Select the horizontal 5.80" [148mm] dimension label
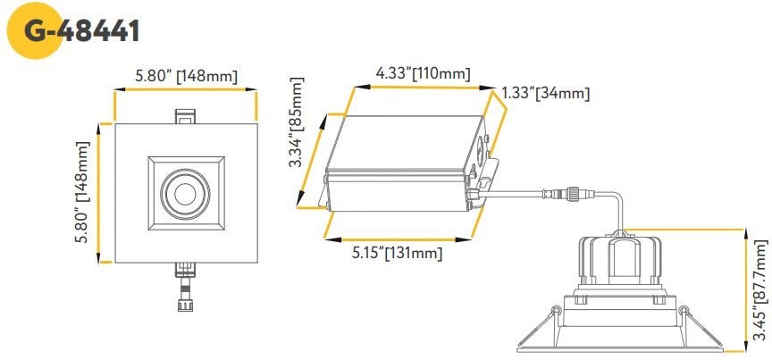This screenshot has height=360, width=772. tap(186, 76)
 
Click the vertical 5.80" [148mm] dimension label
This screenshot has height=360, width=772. tap(82, 193)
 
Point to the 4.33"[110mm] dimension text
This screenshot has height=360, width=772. tap(424, 72)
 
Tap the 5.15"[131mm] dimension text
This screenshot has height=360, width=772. tap(396, 253)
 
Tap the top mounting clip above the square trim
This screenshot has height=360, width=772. tap(186, 117)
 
